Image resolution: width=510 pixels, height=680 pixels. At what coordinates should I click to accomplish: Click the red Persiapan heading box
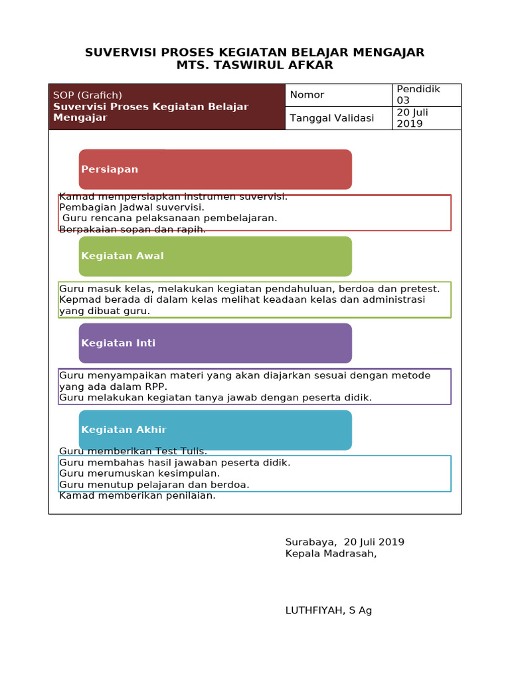point(215,169)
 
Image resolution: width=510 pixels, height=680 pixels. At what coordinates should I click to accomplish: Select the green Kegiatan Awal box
point(215,256)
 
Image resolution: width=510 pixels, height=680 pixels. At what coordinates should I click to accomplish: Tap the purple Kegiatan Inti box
point(215,343)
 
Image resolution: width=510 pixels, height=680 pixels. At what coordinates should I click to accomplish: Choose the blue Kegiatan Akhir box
point(215,430)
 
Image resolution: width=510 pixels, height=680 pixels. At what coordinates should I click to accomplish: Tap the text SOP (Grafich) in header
point(88,95)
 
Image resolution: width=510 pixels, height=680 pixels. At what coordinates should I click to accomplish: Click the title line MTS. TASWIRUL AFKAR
point(254,65)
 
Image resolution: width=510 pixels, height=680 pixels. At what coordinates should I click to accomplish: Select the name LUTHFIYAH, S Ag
point(328,610)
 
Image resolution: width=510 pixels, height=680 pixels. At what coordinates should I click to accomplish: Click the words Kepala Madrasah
point(331,554)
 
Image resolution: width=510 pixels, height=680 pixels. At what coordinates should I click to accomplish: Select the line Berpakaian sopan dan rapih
point(132,229)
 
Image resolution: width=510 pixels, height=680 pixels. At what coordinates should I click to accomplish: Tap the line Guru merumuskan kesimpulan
point(139,473)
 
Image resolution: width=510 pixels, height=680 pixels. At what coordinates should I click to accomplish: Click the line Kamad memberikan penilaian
point(137,495)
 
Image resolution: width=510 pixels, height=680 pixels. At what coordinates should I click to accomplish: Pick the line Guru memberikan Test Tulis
point(133,452)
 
